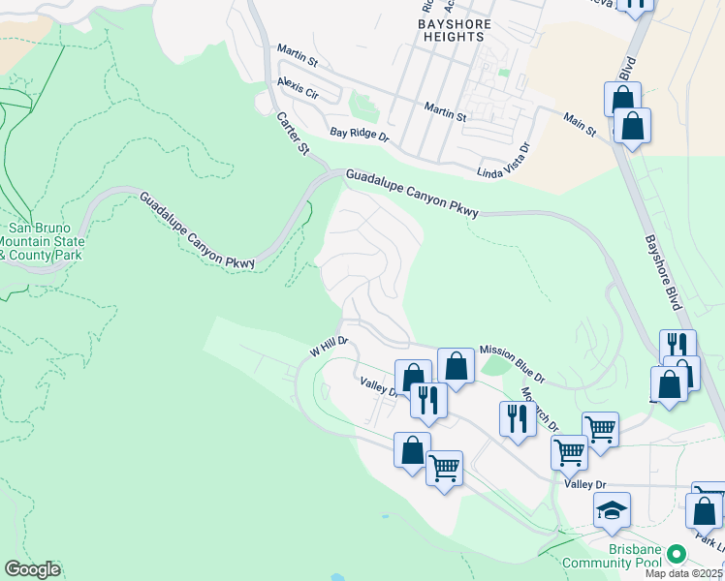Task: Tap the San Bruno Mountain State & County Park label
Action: click(42, 241)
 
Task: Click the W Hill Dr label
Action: click(328, 348)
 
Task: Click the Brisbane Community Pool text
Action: click(635, 556)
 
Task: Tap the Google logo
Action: click(32, 569)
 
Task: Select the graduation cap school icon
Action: click(612, 510)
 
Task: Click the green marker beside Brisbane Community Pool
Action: click(677, 555)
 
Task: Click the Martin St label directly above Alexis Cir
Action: click(298, 54)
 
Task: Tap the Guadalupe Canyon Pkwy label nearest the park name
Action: click(197, 230)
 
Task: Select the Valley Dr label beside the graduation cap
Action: click(586, 483)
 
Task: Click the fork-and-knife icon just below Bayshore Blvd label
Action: click(678, 346)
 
